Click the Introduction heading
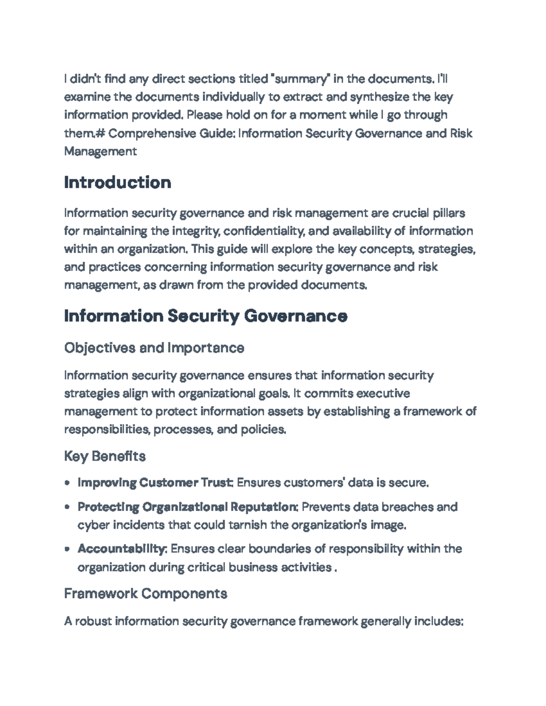[x=117, y=183]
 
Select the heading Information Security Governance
[x=206, y=316]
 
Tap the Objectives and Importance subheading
[x=154, y=348]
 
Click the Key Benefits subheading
[x=105, y=456]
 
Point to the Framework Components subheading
[x=146, y=594]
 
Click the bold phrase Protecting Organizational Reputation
[x=187, y=507]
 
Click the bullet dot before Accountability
[x=67, y=549]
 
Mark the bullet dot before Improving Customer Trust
[x=67, y=483]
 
